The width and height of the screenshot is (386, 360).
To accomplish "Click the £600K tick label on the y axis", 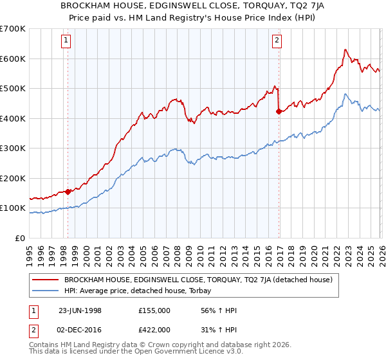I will (x=13, y=59).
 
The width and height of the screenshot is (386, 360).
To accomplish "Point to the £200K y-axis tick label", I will (x=13, y=178).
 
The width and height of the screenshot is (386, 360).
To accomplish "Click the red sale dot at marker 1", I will (x=68, y=192).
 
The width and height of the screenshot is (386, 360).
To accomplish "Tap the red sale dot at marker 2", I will (x=278, y=112).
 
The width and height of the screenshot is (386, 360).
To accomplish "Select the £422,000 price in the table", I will (x=154, y=329).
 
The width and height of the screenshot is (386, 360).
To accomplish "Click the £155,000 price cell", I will (x=154, y=310).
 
